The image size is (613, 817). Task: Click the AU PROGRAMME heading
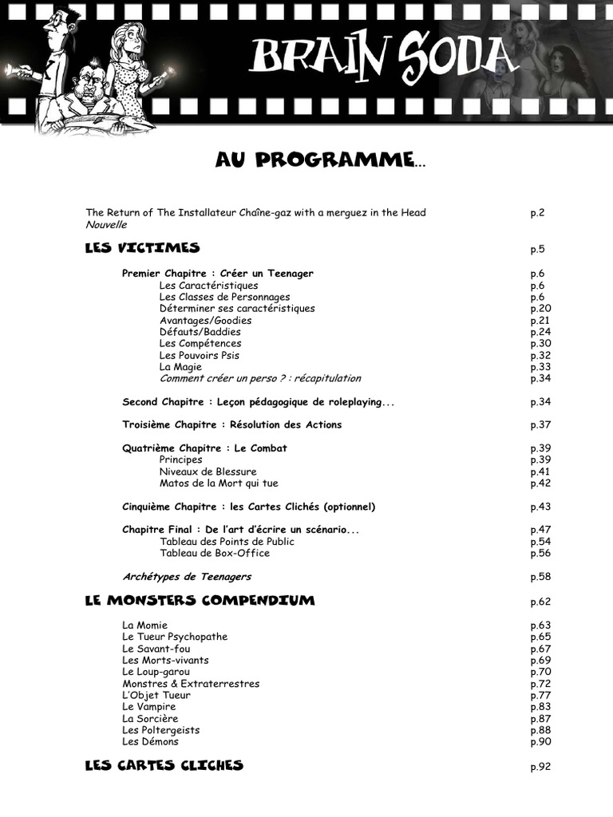(319, 160)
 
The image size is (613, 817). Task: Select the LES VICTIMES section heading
(142, 248)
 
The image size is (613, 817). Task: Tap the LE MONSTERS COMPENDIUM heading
(200, 600)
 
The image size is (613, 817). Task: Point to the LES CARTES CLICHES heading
(164, 766)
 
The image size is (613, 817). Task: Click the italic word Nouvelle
(106, 224)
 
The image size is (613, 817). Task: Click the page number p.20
(541, 309)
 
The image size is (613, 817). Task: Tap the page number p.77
(541, 695)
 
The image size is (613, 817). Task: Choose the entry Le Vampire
(149, 707)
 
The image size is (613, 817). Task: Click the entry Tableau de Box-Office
(215, 553)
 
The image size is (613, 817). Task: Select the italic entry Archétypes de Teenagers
(187, 576)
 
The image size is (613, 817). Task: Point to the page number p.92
(541, 768)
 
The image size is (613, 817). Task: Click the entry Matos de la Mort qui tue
(219, 483)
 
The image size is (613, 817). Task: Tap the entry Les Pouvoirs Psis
(199, 355)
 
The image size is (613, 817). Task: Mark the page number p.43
(541, 507)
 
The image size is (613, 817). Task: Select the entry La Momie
(144, 625)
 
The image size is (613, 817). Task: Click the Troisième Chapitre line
(231, 424)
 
